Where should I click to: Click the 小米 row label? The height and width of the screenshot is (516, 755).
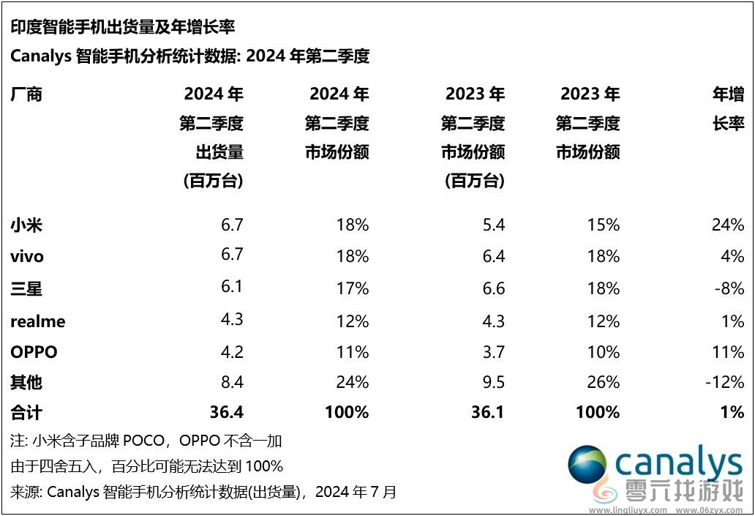pos(26,225)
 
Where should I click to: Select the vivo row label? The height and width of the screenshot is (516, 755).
pos(27,256)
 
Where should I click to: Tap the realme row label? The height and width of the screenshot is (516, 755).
pos(38,321)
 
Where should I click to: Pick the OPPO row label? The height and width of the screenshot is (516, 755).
pos(34,352)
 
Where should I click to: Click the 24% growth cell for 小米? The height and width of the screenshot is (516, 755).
pos(728,225)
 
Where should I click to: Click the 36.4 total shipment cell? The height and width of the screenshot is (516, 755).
pos(226,412)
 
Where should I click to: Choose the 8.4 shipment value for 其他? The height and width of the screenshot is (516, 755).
pos(231,382)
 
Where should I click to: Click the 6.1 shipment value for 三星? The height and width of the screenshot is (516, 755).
pos(231,287)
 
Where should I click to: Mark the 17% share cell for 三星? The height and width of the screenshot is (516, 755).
pos(352,288)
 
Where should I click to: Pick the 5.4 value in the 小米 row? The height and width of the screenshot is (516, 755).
pos(494,225)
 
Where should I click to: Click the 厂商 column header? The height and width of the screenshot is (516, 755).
pos(26,94)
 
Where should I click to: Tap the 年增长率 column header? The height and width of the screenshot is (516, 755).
pos(728,109)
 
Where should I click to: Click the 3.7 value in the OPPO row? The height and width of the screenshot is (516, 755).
pos(494,352)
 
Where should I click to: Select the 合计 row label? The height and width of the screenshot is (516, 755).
pos(26,413)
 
